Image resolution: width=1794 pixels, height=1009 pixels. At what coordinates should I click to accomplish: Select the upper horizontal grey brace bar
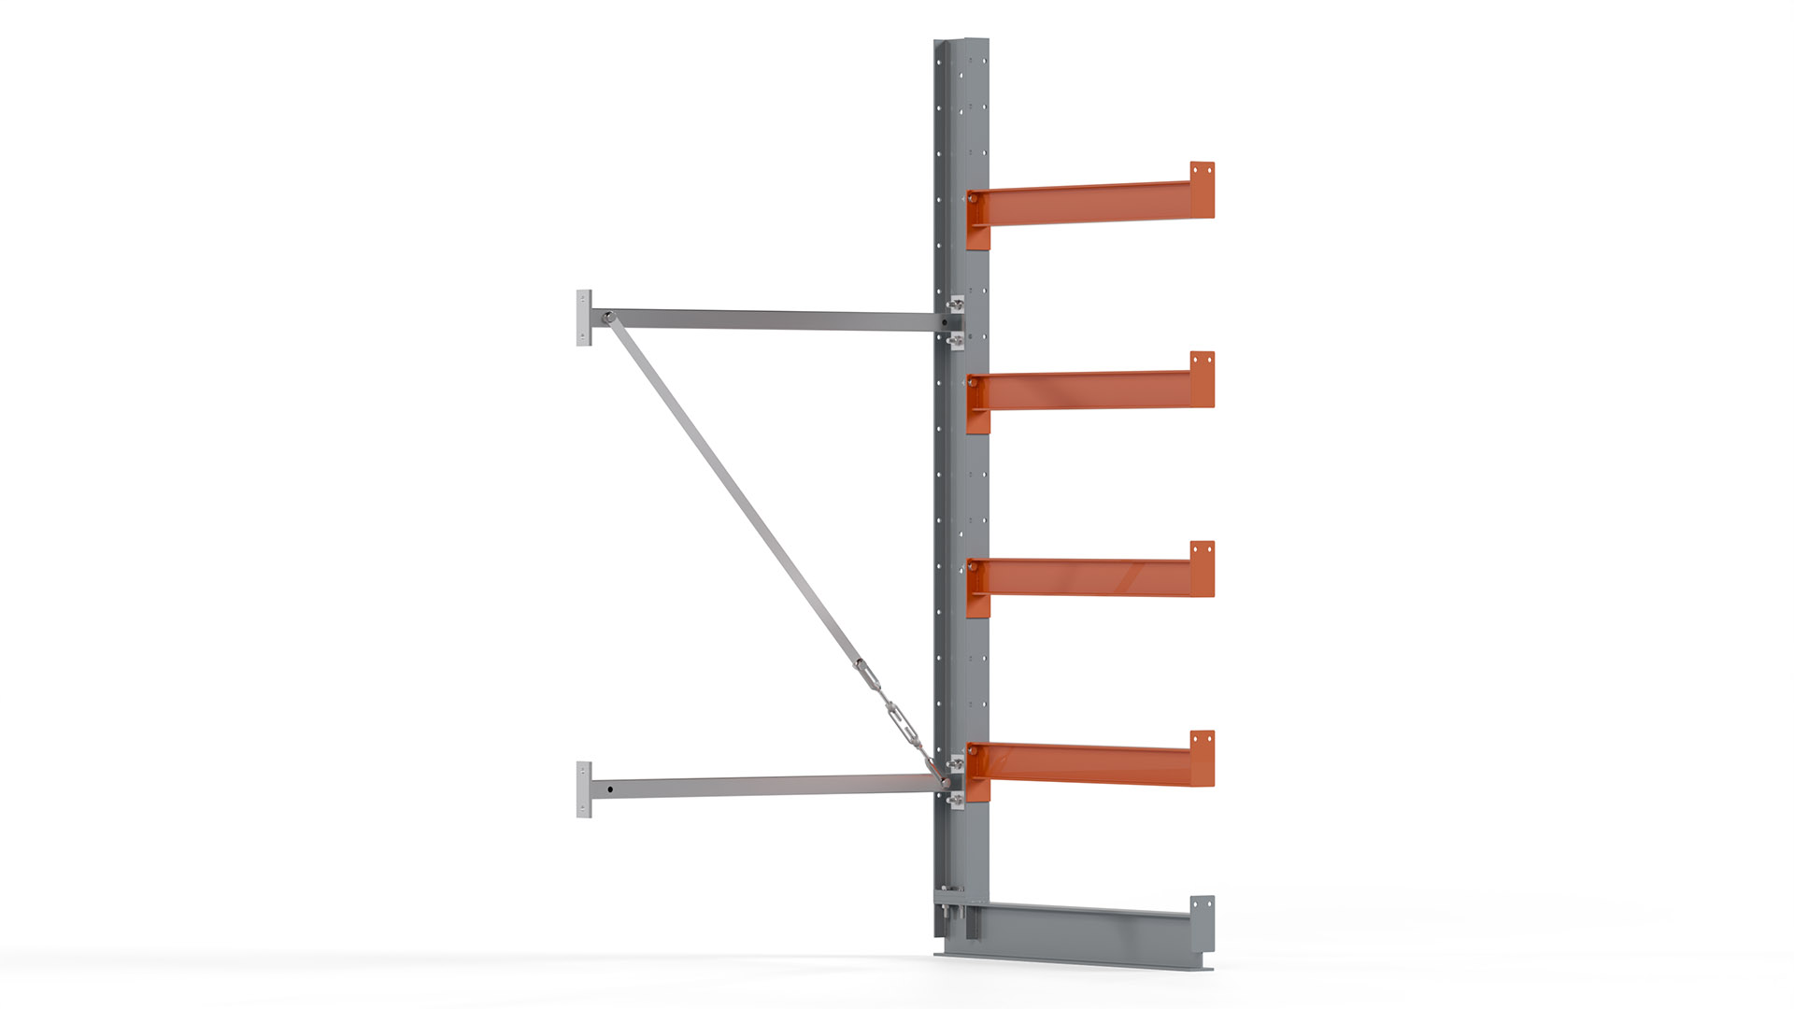(x=766, y=320)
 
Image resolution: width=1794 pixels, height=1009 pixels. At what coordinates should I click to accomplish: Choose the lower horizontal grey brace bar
(x=766, y=786)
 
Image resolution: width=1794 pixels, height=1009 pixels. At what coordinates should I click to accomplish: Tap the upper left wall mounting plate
(x=584, y=318)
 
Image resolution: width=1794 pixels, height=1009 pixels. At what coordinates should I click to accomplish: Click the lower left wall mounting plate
(x=584, y=789)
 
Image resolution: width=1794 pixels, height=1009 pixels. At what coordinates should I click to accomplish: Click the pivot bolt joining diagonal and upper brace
(x=607, y=318)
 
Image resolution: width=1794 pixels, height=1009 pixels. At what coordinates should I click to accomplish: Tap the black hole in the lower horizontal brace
(x=610, y=789)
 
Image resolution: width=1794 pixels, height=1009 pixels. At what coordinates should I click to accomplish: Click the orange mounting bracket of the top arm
(x=977, y=220)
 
